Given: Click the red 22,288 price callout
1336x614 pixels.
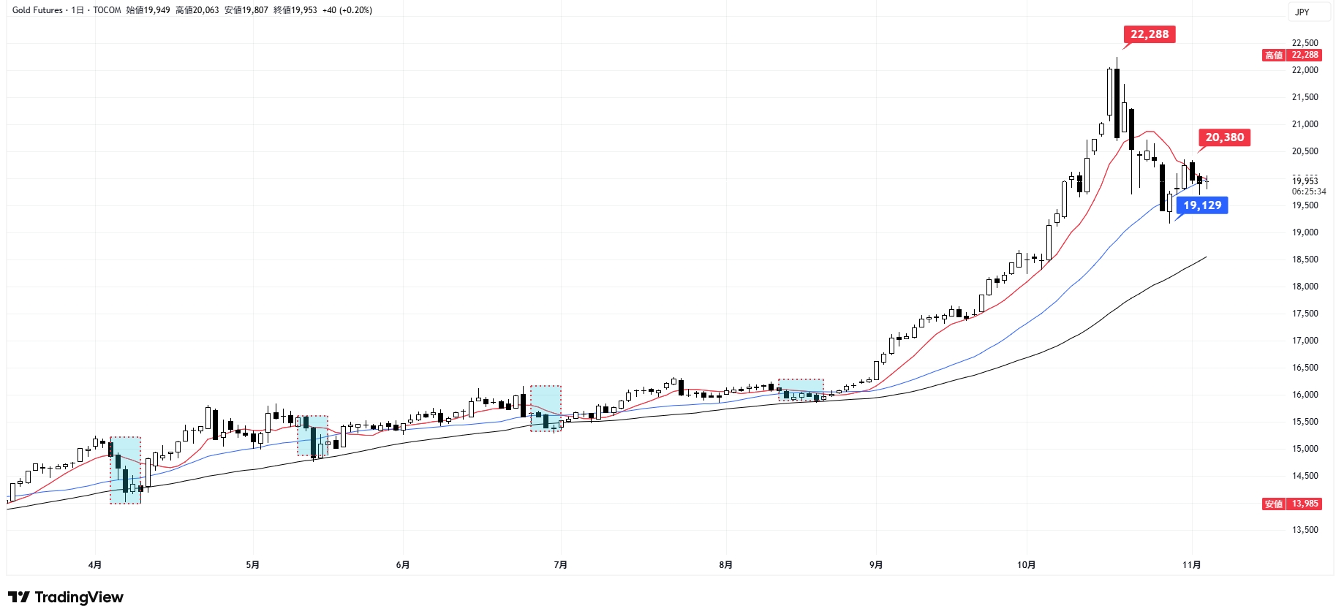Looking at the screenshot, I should tap(1149, 34).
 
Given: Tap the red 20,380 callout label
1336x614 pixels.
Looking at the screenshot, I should tap(1224, 137).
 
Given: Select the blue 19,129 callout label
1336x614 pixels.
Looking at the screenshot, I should tap(1202, 205).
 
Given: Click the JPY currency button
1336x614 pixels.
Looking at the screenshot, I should tap(1302, 12).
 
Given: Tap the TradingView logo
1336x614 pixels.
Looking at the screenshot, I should tap(66, 597).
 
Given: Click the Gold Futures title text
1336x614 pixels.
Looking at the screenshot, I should tap(37, 10).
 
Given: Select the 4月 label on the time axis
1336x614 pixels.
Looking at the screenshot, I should tap(94, 565).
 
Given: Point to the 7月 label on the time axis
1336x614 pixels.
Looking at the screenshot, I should tap(560, 565).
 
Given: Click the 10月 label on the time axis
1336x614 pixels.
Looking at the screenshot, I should tap(1026, 565).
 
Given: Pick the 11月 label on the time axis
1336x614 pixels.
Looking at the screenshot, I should tap(1191, 565).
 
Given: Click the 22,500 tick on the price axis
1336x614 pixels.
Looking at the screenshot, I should tap(1305, 43).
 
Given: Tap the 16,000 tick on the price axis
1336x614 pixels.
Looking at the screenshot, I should tap(1305, 395).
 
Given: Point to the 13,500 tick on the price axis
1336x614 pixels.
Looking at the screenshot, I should tap(1305, 530).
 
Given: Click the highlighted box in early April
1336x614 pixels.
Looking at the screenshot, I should tap(125, 470).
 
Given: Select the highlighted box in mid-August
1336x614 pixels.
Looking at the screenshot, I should tap(801, 390).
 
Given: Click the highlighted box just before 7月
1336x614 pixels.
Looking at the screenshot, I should tap(546, 408).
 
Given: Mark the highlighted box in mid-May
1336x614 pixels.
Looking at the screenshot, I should tap(312, 436).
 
